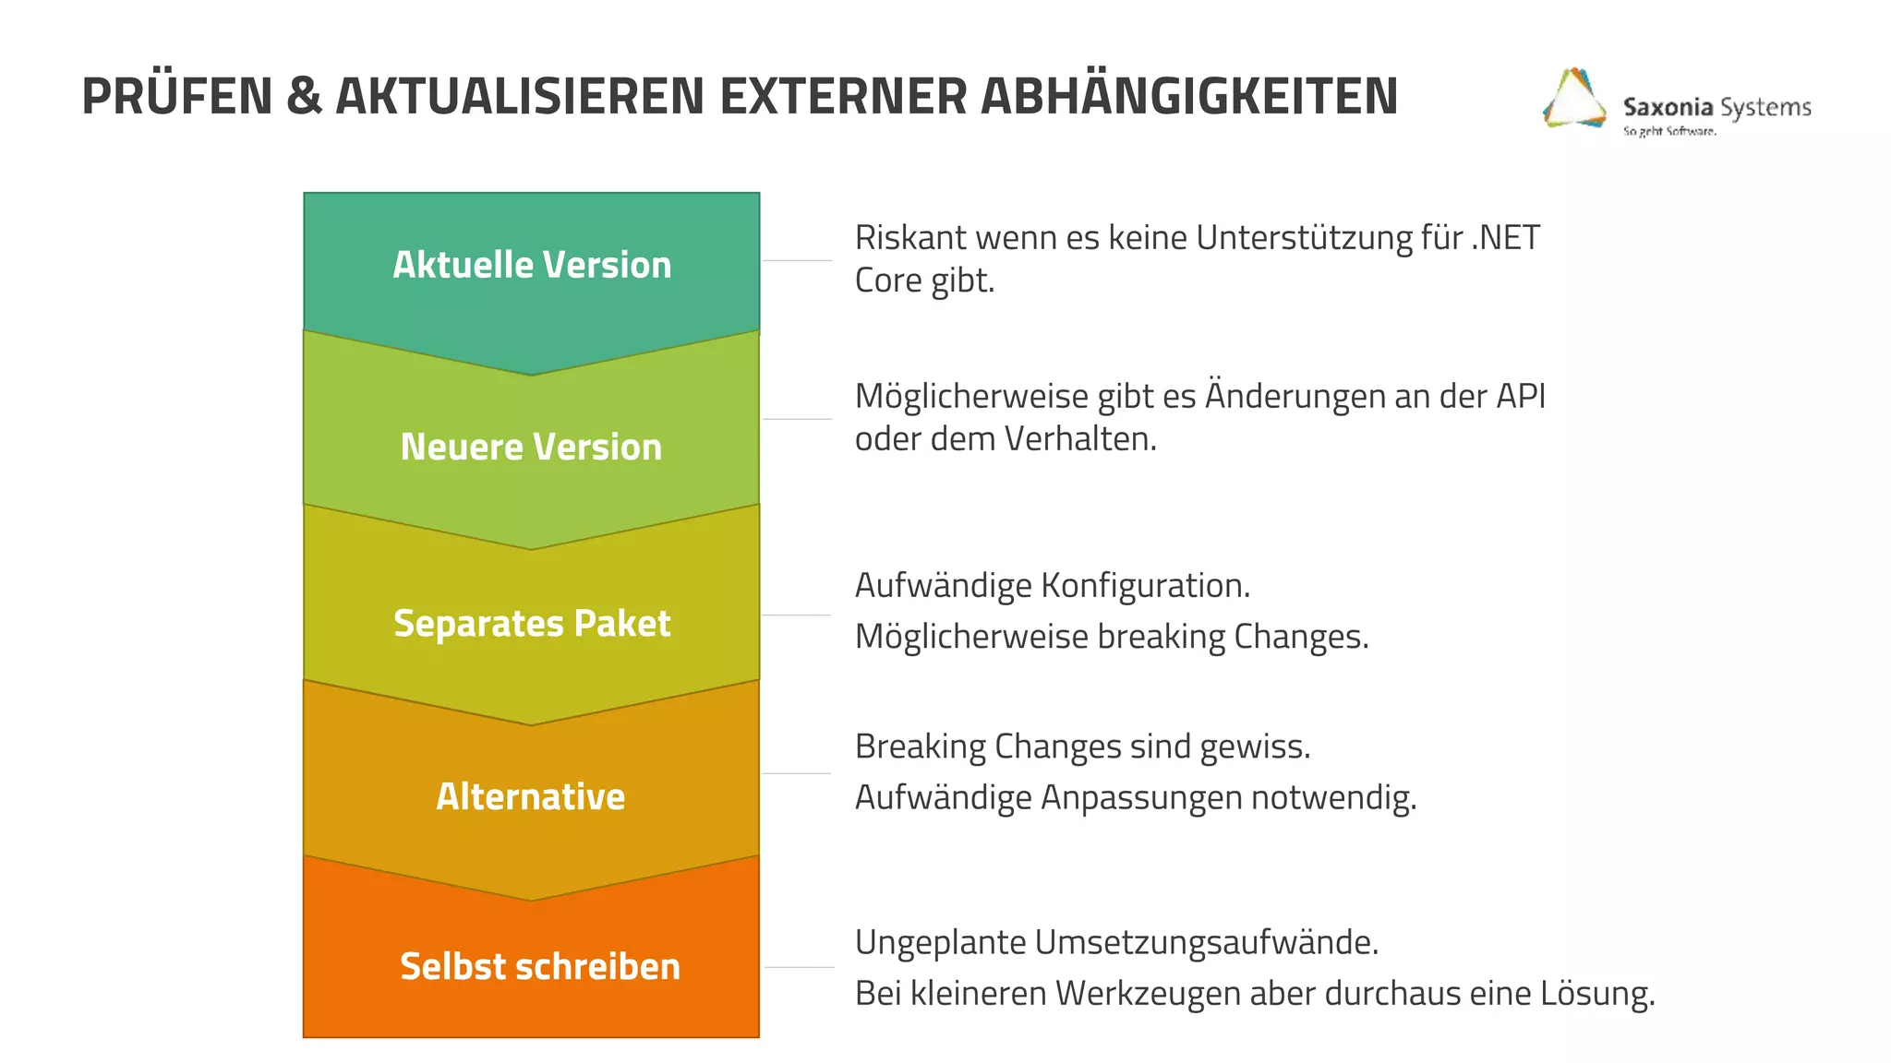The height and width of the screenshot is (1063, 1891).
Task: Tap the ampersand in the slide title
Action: point(304,96)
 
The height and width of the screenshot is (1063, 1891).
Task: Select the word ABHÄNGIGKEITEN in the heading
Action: point(1189,96)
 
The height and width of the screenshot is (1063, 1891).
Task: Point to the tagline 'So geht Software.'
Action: point(1669,131)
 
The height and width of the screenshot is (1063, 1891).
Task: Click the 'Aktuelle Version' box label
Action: point(532,265)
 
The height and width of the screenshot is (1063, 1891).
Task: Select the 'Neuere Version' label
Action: point(531,447)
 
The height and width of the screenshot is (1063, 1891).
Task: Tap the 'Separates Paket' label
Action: point(532,623)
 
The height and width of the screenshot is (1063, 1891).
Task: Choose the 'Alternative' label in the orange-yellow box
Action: point(531,796)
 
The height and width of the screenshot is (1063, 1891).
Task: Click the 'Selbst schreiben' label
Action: point(540,966)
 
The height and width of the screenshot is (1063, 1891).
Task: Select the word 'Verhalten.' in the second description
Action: point(1080,439)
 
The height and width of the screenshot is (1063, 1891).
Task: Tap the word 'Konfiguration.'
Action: point(1146,585)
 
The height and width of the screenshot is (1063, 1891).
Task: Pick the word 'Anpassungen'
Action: point(1141,797)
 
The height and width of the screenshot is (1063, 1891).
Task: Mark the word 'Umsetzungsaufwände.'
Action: point(1207,942)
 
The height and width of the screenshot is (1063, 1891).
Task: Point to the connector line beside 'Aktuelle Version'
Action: point(798,260)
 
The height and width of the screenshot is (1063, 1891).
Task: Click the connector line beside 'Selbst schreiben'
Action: point(800,967)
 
